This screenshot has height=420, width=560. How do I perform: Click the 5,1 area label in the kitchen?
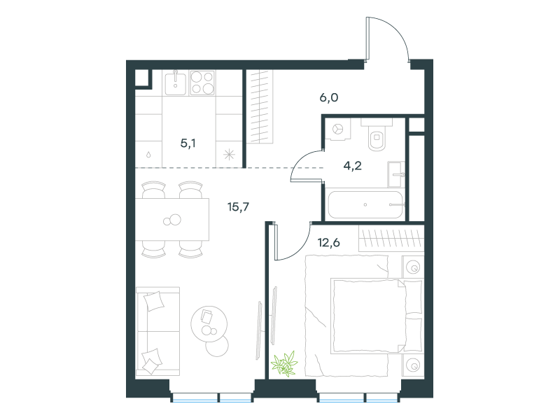188,143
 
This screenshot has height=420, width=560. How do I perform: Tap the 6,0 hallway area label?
328,97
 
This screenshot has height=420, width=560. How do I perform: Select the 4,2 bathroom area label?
353,166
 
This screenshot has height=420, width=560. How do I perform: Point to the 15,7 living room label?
238,206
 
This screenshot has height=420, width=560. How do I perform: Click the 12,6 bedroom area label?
328,243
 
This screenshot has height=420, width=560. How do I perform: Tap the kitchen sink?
176,83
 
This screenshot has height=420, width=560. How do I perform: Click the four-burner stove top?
202,83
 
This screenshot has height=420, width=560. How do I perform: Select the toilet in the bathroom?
377,135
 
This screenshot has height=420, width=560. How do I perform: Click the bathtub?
365,204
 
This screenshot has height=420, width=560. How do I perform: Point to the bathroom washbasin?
396,174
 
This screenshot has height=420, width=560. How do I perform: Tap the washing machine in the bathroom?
337,129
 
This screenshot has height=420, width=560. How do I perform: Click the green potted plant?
284,364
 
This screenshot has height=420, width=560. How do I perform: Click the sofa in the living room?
157,331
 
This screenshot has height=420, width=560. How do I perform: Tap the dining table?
172,219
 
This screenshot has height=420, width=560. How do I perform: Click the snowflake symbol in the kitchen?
229,155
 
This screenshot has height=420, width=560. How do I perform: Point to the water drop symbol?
148,155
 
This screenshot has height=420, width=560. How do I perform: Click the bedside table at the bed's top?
413,267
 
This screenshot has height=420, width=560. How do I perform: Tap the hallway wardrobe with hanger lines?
260,106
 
